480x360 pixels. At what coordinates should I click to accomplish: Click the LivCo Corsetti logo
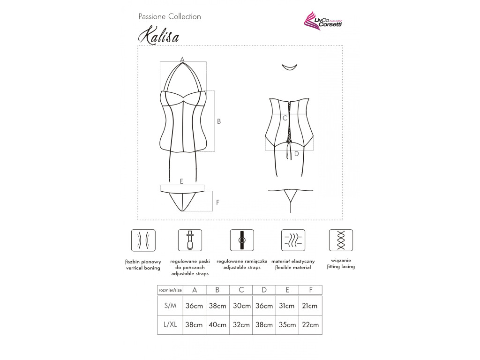point(322,21)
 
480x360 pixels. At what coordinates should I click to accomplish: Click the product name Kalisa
point(158,36)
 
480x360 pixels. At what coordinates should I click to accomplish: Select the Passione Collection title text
point(170,16)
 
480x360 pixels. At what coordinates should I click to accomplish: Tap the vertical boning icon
point(143,240)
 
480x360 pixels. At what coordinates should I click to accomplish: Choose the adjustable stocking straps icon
point(190,240)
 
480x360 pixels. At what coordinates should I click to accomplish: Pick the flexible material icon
point(293,240)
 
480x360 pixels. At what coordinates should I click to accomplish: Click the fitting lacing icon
point(341,240)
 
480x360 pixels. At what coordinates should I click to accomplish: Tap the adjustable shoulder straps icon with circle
point(242,240)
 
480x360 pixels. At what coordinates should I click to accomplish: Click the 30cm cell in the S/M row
point(241,306)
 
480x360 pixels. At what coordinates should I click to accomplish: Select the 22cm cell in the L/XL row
point(310,325)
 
